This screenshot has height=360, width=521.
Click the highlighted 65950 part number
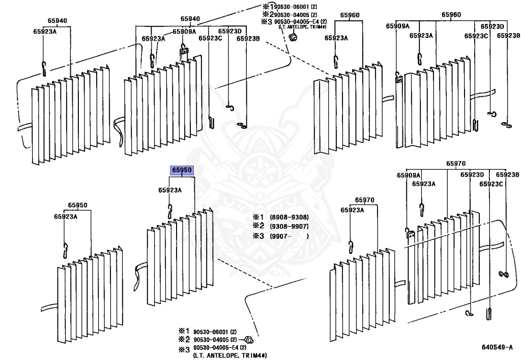(182, 170)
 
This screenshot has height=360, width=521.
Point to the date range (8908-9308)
(289, 217)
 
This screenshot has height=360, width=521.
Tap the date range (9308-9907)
(289, 226)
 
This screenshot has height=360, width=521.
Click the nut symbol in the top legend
(293, 38)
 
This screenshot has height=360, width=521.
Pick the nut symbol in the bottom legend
(249, 340)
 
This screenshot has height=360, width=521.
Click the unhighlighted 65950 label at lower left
(78, 206)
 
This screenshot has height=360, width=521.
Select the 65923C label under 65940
(210, 38)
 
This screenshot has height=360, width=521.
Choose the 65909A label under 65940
(184, 32)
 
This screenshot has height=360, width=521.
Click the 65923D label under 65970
(472, 175)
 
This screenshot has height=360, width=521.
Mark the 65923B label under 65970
(507, 175)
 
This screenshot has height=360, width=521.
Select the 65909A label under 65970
(409, 175)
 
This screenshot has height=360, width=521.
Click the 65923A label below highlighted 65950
(169, 190)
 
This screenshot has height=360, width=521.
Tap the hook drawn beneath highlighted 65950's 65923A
(170, 210)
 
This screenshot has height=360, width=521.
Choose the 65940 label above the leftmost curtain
(57, 21)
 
